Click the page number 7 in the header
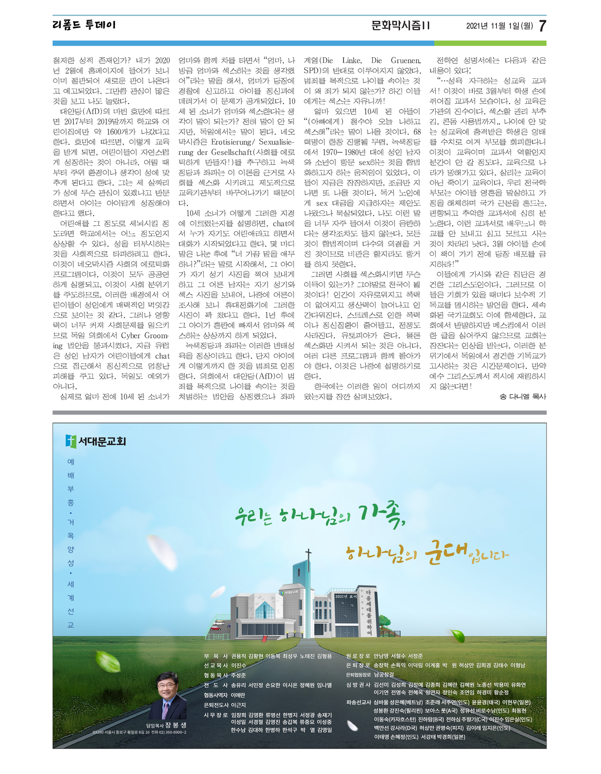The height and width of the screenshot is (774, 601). (x=542, y=26)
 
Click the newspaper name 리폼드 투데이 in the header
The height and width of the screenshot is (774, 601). (x=84, y=25)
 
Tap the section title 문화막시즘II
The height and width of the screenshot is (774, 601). (x=400, y=25)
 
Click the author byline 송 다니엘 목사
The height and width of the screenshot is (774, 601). (x=523, y=397)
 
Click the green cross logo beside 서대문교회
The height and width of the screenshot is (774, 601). (x=71, y=441)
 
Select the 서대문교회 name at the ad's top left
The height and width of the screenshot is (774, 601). (x=102, y=441)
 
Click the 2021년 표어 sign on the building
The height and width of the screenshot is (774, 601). (x=347, y=596)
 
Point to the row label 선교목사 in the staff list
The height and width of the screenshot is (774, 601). (x=216, y=666)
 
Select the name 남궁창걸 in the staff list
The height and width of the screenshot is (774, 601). (x=384, y=675)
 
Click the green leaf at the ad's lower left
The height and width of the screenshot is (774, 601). (x=108, y=662)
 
